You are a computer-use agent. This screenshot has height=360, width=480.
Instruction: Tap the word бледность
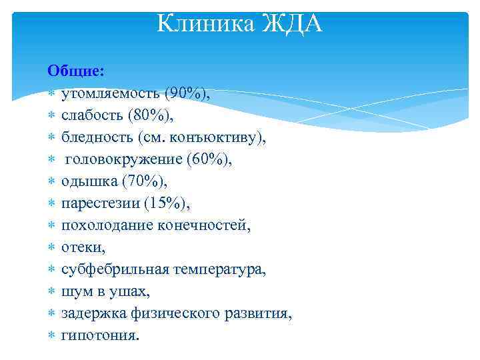[x=97, y=137]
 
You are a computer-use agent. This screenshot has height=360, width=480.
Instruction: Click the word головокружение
[x=120, y=159]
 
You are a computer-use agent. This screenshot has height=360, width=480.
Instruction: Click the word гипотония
[x=100, y=335]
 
